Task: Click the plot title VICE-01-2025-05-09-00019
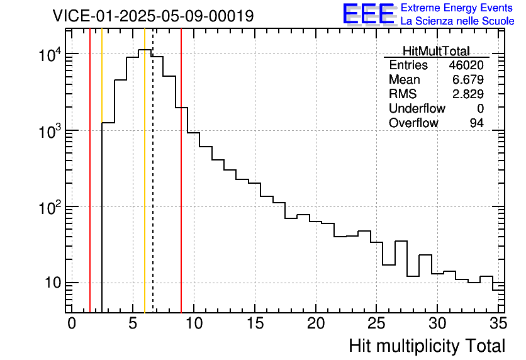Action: coord(153,16)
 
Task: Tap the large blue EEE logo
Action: coord(368,13)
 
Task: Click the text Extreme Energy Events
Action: coord(457,8)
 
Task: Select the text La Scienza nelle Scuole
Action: coord(457,21)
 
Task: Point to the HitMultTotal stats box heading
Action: coord(436,51)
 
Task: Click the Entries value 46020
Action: coord(466,65)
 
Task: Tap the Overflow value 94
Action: coord(476,123)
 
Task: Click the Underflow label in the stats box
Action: coord(417,109)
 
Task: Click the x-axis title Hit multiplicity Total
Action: coord(427,346)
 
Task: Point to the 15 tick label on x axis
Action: coord(255,323)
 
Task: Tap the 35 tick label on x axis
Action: coord(498,323)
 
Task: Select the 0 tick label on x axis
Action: coord(72,323)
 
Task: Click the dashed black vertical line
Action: coord(153,189)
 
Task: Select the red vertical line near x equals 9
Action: coord(181,189)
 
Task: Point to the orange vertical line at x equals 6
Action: coord(145,189)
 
